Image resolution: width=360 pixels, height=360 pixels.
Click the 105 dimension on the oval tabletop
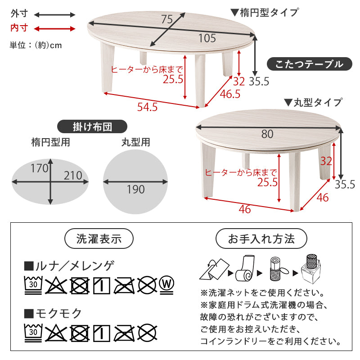coord(207,38)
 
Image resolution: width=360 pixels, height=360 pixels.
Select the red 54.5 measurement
coord(148,107)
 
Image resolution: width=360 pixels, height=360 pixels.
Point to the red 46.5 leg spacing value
coord(230,94)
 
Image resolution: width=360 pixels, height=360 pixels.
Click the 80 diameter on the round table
coord(267,134)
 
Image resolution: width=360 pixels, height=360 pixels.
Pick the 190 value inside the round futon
coord(135,189)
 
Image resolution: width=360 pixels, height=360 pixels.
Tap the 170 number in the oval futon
coord(39,169)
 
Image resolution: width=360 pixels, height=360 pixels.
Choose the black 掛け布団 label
coord(92,126)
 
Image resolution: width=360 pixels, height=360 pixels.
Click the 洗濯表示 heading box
coord(99,238)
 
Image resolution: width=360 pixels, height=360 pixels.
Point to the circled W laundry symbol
coord(167,284)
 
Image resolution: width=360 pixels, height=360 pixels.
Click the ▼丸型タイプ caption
coord(313,103)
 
